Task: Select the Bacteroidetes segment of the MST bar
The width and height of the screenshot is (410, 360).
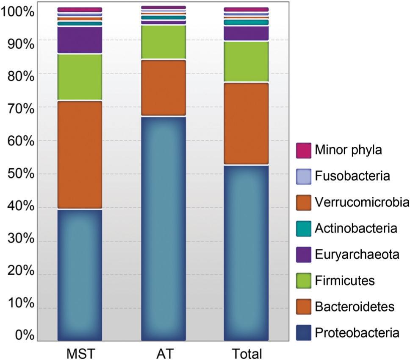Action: pos(80,155)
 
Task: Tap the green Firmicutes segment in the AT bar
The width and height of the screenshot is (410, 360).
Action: pos(163,42)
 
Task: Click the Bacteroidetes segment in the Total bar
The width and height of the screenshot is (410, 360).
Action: pos(246,123)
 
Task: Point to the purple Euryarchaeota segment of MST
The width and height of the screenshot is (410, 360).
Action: pos(80,40)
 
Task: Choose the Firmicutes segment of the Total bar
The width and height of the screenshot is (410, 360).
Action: pos(246,61)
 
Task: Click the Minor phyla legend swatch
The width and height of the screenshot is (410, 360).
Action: pos(303,150)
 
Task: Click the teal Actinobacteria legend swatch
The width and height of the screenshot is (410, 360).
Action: pos(303,228)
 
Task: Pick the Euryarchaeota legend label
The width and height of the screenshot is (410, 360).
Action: pos(357,254)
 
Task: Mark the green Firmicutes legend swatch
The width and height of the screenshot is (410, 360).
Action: pos(303,281)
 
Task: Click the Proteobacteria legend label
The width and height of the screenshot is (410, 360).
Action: pos(357,333)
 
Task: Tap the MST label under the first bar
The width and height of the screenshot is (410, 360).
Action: pos(80,353)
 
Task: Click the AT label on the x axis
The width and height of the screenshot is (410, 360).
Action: pos(163,353)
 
